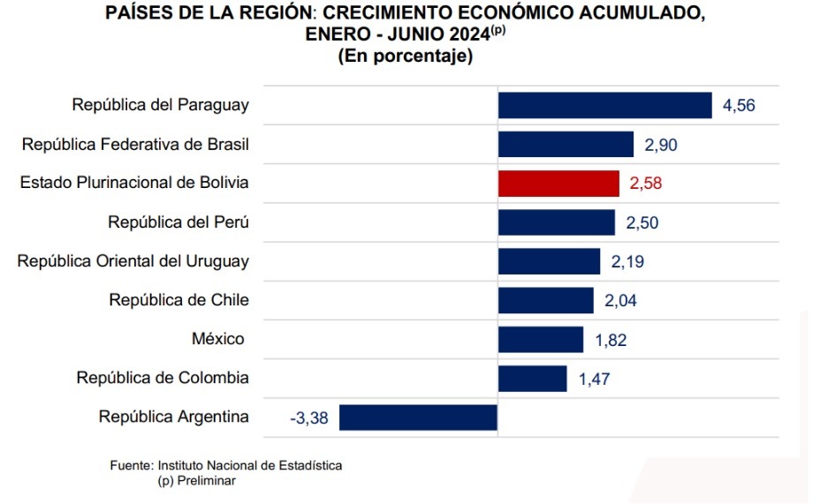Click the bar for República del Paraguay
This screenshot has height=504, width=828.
[604, 105]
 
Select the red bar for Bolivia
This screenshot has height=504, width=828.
[558, 184]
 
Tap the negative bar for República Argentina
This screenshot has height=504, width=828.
[418, 417]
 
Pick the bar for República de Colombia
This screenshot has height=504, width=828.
[532, 379]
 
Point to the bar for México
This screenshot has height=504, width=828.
[541, 340]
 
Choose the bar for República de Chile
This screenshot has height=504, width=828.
[545, 300]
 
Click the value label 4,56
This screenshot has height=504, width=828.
[739, 105]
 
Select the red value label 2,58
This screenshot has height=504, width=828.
[645, 184]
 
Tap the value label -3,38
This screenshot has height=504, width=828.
[309, 418]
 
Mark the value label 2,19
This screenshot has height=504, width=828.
[627, 261]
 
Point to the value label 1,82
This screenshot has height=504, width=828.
[611, 340]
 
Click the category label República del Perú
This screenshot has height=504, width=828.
[179, 222]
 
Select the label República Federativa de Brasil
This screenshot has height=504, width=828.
[135, 144]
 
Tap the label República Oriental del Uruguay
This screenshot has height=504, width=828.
[133, 261]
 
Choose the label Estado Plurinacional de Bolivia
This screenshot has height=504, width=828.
[134, 183]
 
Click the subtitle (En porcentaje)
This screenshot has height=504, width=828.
[405, 56]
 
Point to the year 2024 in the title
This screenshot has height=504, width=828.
[469, 34]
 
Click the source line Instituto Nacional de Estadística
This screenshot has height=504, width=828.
[250, 465]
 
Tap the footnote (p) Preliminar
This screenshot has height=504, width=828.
[196, 481]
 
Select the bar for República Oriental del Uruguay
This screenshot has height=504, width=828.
[549, 261]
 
